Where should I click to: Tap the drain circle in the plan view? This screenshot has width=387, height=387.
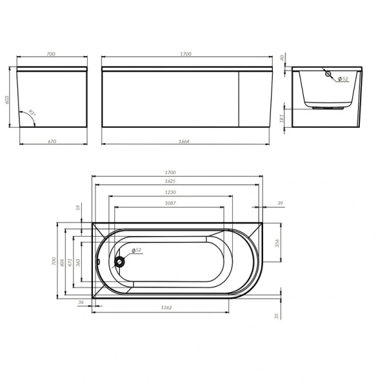click(x=119, y=262)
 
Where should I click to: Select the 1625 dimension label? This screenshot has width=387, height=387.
click(x=170, y=182)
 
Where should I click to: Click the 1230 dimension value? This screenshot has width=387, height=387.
click(x=170, y=192)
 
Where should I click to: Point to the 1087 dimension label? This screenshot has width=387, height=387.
click(x=170, y=203)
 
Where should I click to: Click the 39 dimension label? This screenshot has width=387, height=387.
click(x=279, y=203)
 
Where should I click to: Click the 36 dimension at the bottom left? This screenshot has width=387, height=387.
click(x=81, y=302)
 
